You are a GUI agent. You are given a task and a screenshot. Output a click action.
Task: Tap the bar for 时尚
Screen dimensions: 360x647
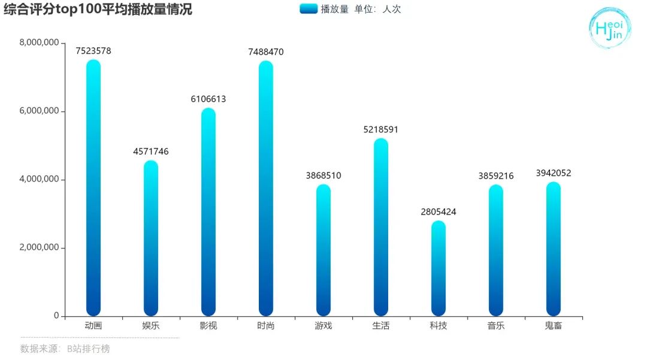(266, 188)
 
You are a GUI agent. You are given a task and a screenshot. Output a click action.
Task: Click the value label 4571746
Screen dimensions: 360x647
(151, 152)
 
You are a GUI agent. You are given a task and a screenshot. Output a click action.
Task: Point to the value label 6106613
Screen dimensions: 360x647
(208, 99)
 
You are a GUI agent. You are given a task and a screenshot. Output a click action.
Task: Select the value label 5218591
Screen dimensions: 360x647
(381, 129)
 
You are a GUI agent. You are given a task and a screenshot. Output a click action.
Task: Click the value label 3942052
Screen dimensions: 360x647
(554, 173)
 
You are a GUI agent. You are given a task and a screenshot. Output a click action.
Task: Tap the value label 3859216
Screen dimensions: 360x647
(496, 176)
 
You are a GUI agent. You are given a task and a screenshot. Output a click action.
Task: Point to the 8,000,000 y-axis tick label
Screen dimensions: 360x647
(39, 43)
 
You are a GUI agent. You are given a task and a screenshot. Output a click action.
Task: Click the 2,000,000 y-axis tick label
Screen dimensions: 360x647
(39, 247)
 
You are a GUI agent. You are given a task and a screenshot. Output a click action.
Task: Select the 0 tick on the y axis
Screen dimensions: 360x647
(56, 316)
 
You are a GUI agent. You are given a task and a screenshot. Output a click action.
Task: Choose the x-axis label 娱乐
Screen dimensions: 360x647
(151, 326)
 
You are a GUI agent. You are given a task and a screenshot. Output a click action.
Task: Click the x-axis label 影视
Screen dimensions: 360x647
(208, 326)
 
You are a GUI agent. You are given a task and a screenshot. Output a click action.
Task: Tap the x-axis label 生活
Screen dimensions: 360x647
(381, 326)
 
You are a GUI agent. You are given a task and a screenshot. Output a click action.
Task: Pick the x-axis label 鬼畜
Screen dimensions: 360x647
(554, 326)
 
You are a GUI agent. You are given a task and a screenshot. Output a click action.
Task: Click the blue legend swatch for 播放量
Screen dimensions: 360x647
(308, 9)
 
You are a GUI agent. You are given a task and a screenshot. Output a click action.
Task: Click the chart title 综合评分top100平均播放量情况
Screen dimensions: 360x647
(98, 10)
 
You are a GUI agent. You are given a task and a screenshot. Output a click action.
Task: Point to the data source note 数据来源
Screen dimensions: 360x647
(65, 349)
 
